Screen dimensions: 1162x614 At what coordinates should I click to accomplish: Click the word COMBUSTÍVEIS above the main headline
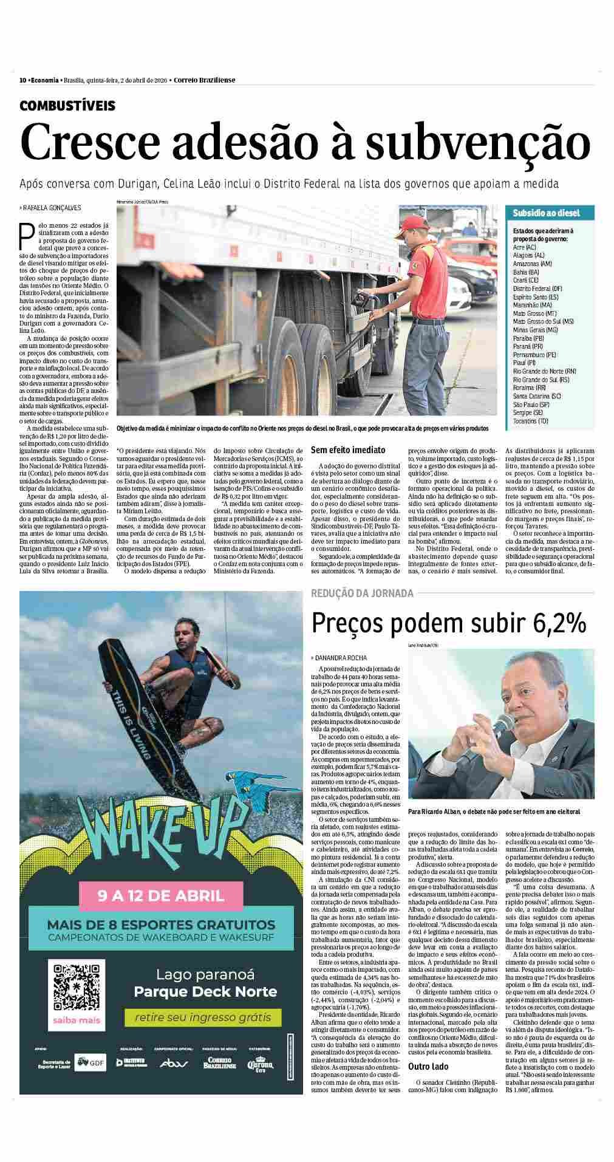pyautogui.click(x=67, y=106)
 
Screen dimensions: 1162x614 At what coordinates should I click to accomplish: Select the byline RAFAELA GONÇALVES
pyautogui.click(x=52, y=208)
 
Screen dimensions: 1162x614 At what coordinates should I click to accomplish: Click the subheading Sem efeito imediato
pyautogui.click(x=348, y=450)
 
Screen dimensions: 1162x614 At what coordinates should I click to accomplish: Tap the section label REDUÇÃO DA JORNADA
pyautogui.click(x=362, y=593)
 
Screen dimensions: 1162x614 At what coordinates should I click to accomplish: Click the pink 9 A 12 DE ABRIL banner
pyautogui.click(x=161, y=895)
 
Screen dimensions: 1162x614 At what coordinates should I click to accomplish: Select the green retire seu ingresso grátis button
pyautogui.click(x=202, y=1017)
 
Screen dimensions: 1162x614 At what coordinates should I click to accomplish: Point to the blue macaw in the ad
pyautogui.click(x=255, y=789)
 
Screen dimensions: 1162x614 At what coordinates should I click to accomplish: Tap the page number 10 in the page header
pyautogui.click(x=22, y=80)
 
